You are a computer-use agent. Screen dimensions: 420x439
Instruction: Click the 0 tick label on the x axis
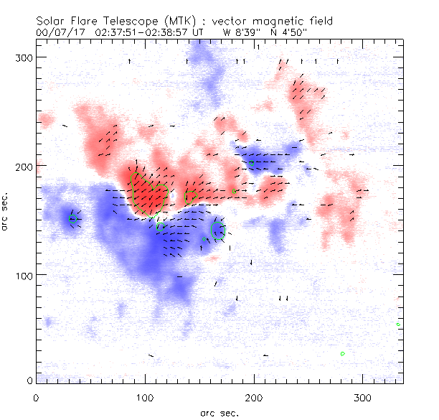tap(36, 397)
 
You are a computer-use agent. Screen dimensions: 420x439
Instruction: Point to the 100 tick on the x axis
tap(145, 397)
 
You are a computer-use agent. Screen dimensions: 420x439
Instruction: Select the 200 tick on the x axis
tap(254, 397)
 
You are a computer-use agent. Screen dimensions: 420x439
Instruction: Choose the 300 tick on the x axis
tap(363, 397)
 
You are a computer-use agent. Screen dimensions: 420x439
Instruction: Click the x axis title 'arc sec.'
tap(219, 412)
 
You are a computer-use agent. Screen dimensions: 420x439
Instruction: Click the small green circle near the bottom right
tap(343, 353)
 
